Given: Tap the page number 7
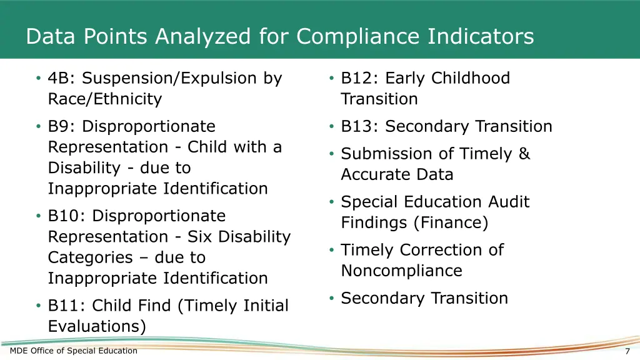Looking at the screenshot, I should pos(627,351).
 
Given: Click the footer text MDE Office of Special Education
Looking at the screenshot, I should pos(74,351).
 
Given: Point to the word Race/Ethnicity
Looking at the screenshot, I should pos(105,99).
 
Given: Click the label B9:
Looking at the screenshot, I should pos(62,126).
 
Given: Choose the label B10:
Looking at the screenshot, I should pos(67,216).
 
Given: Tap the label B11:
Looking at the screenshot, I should pos(67,306).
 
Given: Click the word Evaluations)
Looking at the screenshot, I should pos(97,326).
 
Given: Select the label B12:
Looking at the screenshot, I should pos(360,78).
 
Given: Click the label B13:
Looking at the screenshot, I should pos(360,126).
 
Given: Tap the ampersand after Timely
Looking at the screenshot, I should pos(524,154).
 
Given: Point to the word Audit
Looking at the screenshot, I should pos(504,202).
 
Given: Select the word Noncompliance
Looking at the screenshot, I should pos(401,271).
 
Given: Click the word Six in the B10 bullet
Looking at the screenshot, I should pos(200,237).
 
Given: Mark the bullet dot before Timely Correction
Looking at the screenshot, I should pos(331,250).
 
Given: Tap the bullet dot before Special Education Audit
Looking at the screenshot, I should pos(331,202).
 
